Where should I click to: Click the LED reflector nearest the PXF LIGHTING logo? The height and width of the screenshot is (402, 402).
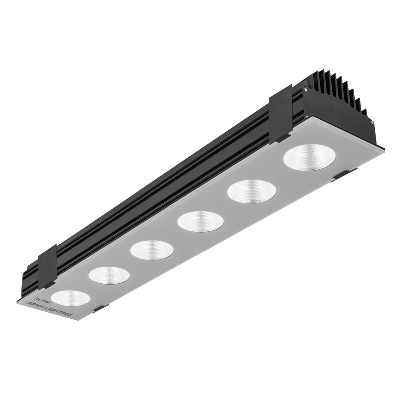[71, 298]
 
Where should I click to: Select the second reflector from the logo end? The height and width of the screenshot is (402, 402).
[109, 275]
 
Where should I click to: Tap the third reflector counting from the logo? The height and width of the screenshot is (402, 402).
[152, 249]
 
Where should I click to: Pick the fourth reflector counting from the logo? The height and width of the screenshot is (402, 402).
[200, 221]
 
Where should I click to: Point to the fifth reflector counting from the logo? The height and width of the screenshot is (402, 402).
[251, 191]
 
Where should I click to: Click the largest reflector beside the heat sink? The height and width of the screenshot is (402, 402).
[309, 157]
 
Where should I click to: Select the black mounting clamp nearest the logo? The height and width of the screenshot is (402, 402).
[47, 267]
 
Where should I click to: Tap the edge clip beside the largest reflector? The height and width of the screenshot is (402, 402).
[344, 175]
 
